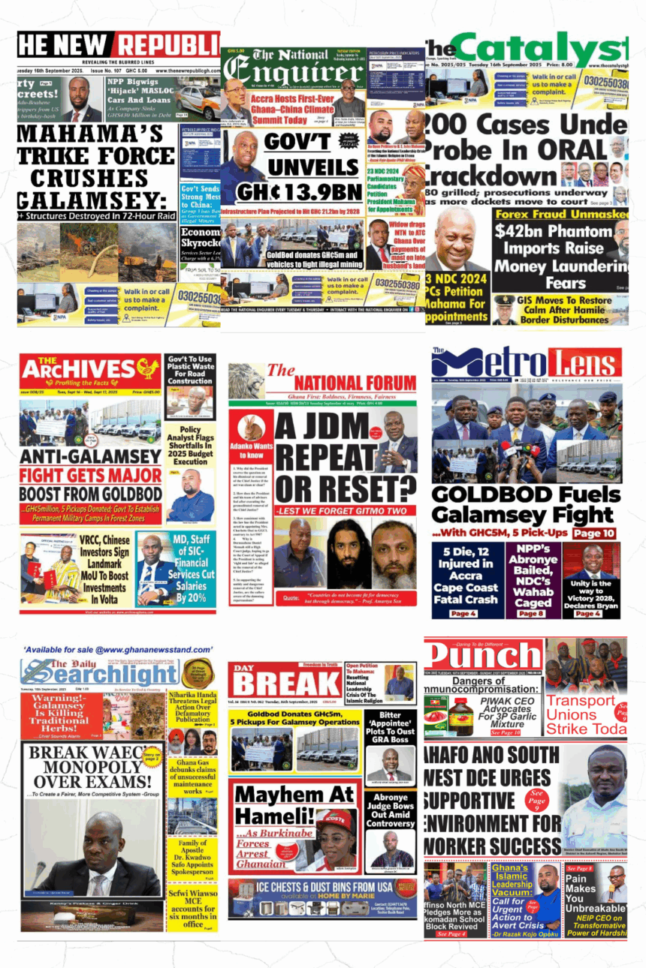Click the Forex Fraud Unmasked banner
(x=559, y=213)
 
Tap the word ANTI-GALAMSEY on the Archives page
(x=71, y=457)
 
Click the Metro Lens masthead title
(x=527, y=363)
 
